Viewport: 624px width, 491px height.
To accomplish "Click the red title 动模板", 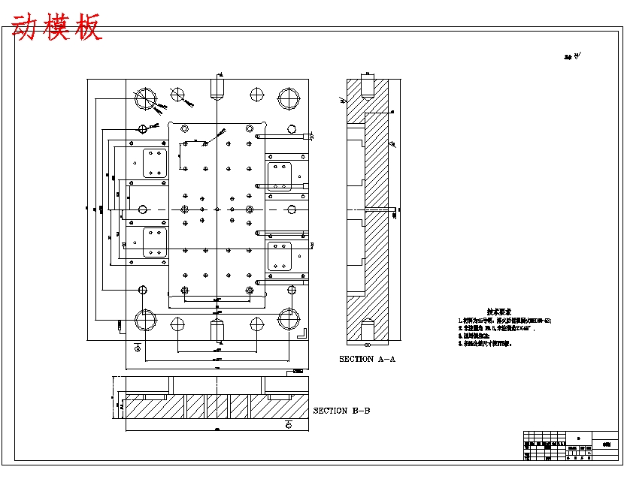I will [x=57, y=28].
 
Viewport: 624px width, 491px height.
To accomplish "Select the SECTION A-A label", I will [x=368, y=359].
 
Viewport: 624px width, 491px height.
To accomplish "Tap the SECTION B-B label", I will [x=341, y=411].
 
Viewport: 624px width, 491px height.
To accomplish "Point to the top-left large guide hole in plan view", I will [x=144, y=98].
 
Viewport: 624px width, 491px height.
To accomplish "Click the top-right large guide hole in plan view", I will [x=289, y=98].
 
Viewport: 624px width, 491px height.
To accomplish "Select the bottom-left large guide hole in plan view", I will [x=145, y=321].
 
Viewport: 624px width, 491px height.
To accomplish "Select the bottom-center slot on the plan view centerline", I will [x=217, y=328].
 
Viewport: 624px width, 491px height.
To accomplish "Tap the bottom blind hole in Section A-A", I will [x=368, y=330].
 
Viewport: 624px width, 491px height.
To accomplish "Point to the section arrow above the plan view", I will [x=219, y=74].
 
